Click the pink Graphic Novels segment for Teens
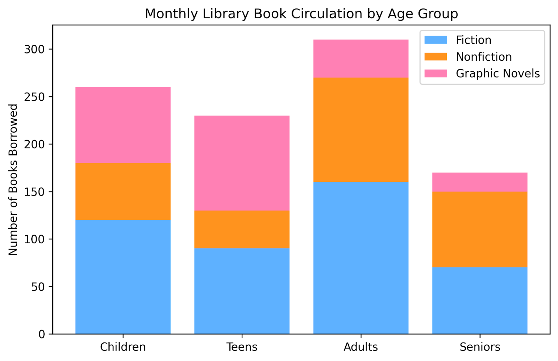(x=242, y=163)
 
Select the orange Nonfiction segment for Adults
(x=361, y=130)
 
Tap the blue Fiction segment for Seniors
(x=480, y=300)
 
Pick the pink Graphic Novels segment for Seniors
(x=480, y=182)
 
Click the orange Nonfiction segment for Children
(x=123, y=191)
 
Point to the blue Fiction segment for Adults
(x=361, y=258)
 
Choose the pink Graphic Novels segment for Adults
(x=361, y=58)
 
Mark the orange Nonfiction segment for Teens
(x=242, y=229)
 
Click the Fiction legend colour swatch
(x=435, y=40)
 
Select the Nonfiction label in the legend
(x=484, y=57)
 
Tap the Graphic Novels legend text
(x=498, y=73)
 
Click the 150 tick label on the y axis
(x=35, y=192)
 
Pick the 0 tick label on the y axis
(x=42, y=334)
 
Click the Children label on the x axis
(x=123, y=347)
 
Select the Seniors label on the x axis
(x=480, y=347)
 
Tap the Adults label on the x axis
(x=361, y=347)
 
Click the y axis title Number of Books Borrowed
(x=13, y=179)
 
